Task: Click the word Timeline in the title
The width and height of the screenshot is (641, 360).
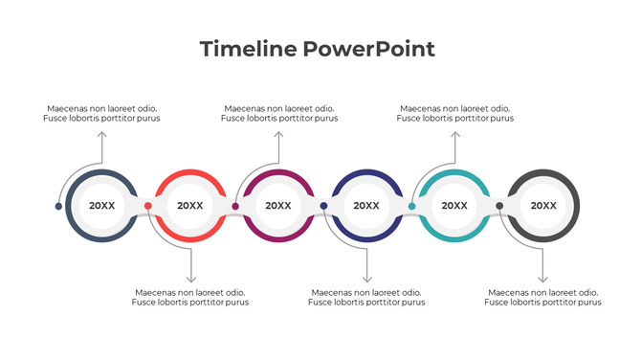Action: (x=243, y=49)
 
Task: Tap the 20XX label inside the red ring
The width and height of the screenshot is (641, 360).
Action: (x=190, y=206)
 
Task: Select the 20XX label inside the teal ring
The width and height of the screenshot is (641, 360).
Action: (x=454, y=206)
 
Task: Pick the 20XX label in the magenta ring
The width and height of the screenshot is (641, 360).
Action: (x=278, y=206)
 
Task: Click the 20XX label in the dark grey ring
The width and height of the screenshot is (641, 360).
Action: (x=543, y=206)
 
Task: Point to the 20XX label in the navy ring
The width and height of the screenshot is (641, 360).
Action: (x=366, y=206)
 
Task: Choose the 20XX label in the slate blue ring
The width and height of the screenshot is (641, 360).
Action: (x=102, y=206)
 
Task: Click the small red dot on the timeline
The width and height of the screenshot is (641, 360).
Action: (x=148, y=206)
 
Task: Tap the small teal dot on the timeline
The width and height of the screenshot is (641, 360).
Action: (x=412, y=206)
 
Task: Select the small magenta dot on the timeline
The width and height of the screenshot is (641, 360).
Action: (x=236, y=206)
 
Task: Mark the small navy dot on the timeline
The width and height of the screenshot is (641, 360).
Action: (x=324, y=206)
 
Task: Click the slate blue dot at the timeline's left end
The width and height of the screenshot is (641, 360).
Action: (x=59, y=206)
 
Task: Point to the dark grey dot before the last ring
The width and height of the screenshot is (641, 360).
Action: (x=500, y=206)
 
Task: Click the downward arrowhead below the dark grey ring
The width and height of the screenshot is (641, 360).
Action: (x=543, y=278)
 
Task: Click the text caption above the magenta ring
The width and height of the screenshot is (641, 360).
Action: (x=278, y=114)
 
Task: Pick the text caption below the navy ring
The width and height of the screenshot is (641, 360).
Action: (x=366, y=297)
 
